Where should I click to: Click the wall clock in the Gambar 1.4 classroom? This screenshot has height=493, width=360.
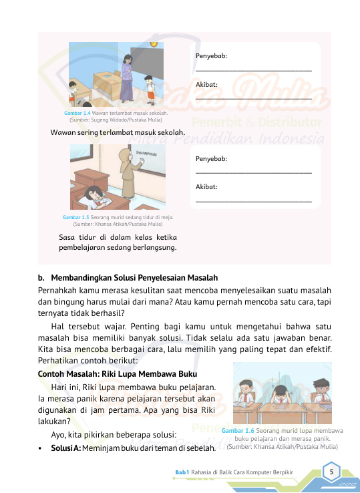pos(154,45)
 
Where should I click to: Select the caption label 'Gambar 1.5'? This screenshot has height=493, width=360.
pos(75,217)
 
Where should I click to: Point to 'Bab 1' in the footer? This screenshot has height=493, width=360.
pos(182,472)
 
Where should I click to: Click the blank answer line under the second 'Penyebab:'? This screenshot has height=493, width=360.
pos(253,172)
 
